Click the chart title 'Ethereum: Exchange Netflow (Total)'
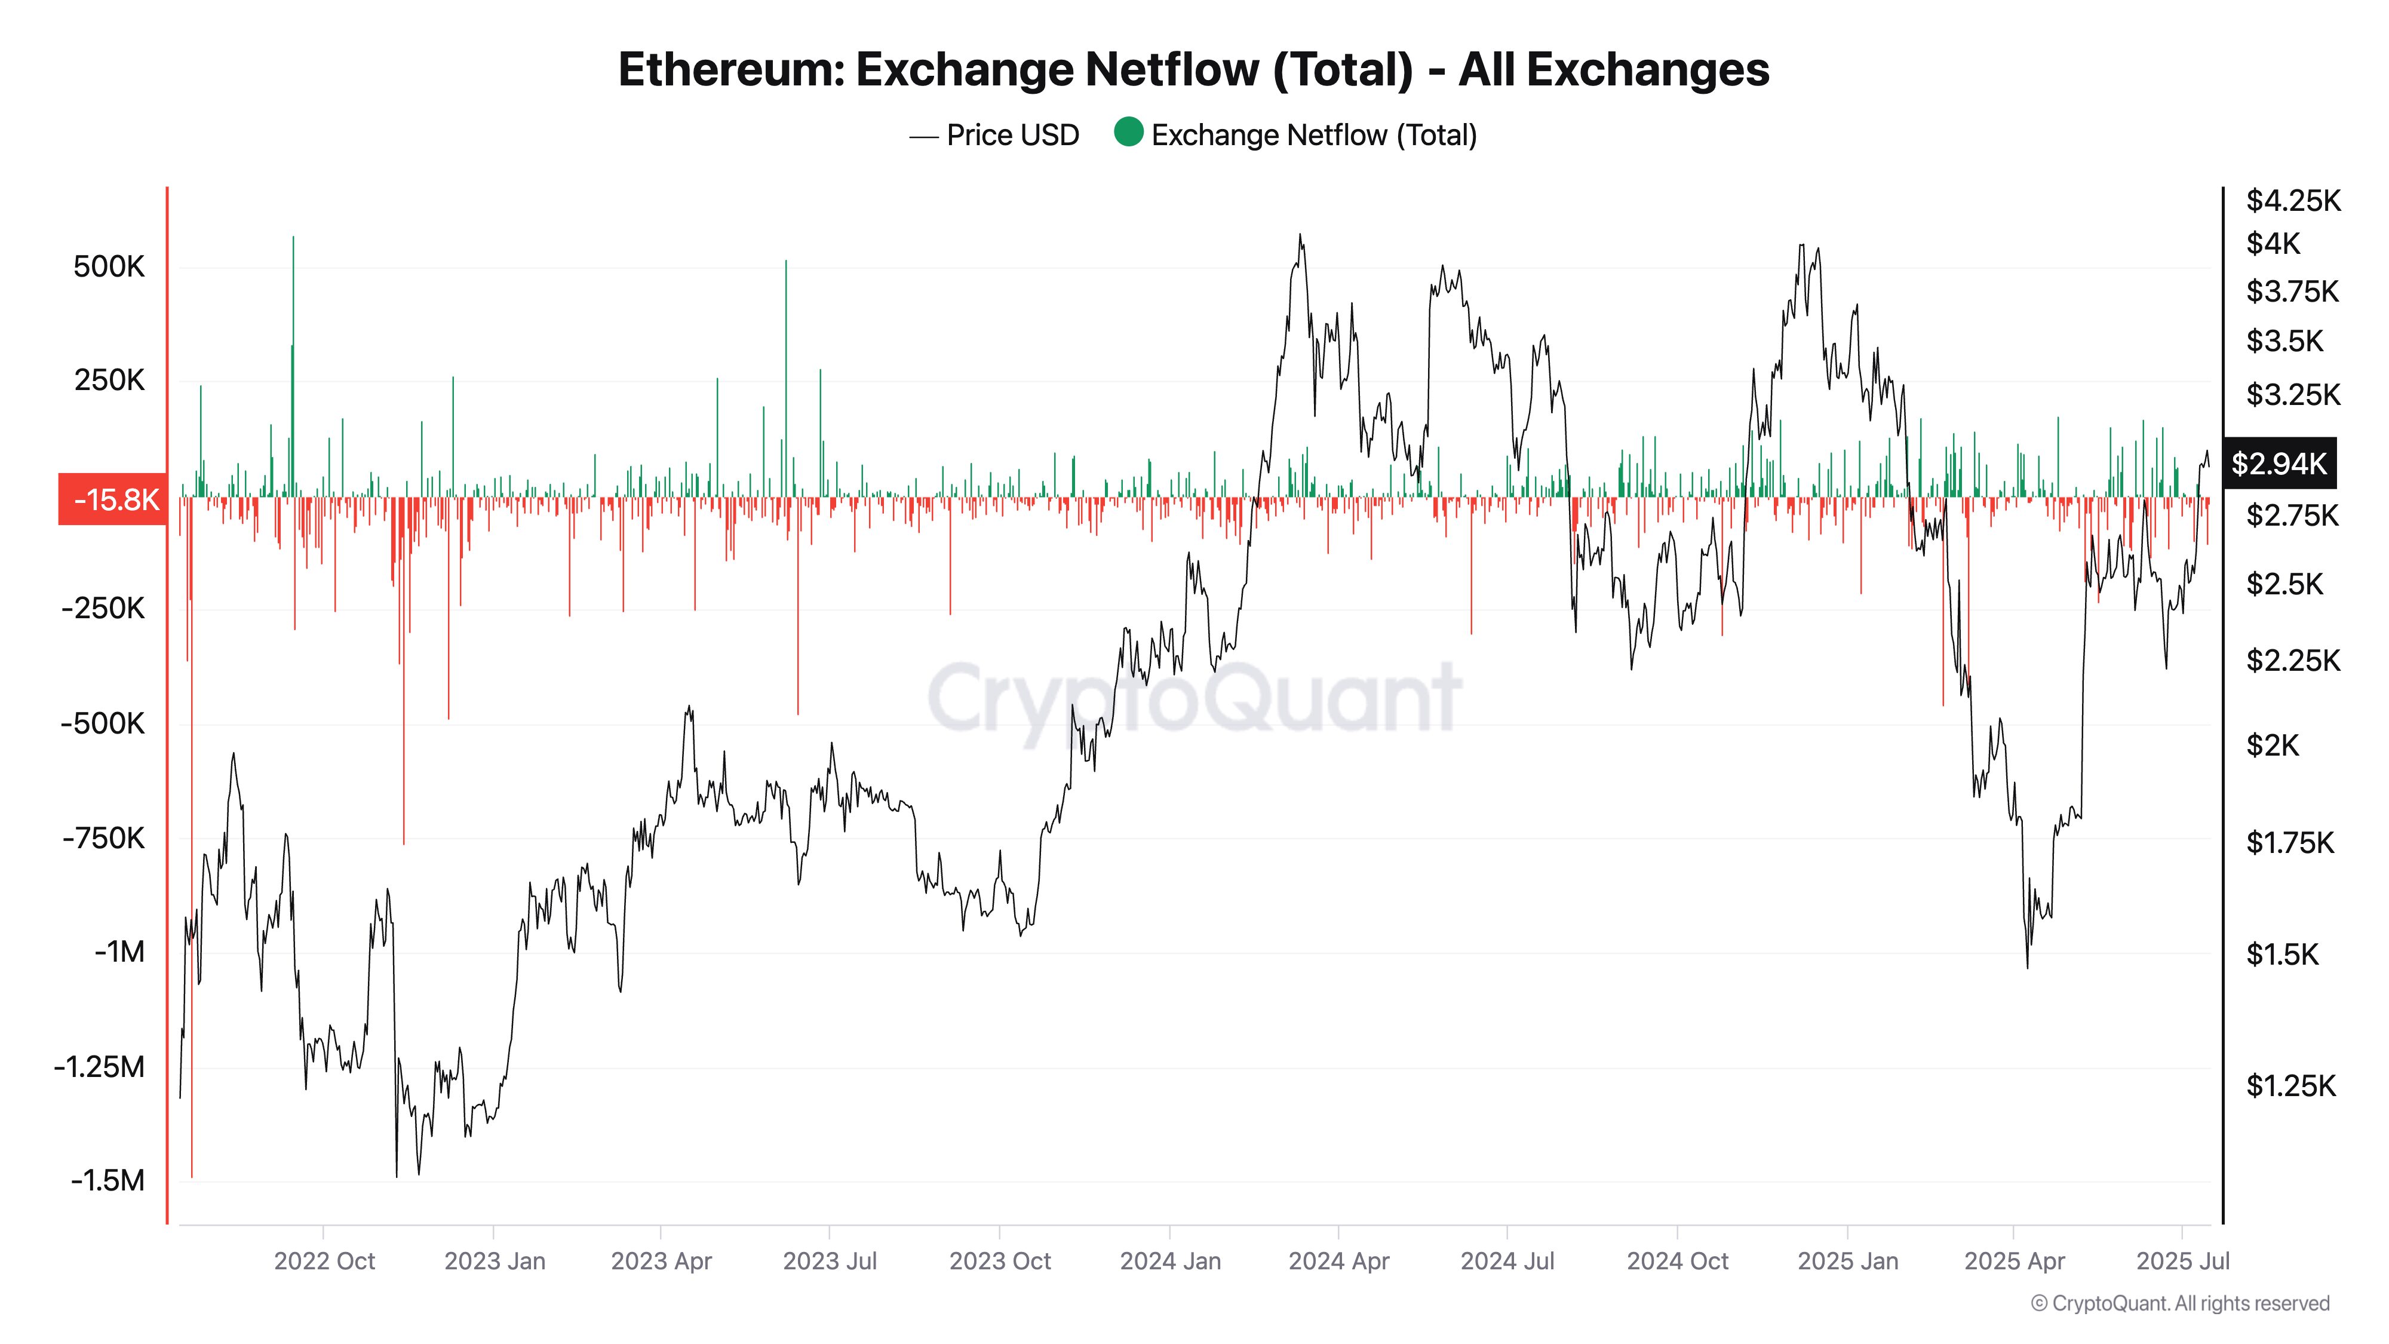(x=1193, y=69)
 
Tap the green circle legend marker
(x=1128, y=133)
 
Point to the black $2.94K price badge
(x=2279, y=463)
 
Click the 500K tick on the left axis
(x=109, y=267)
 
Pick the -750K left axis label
(x=104, y=839)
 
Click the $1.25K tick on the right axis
(x=2290, y=1085)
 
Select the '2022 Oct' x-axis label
(x=324, y=1262)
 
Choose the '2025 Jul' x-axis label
(x=2182, y=1262)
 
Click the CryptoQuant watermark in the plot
(x=1194, y=698)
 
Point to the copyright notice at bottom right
(x=2179, y=1304)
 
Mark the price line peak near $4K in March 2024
(x=1300, y=235)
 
